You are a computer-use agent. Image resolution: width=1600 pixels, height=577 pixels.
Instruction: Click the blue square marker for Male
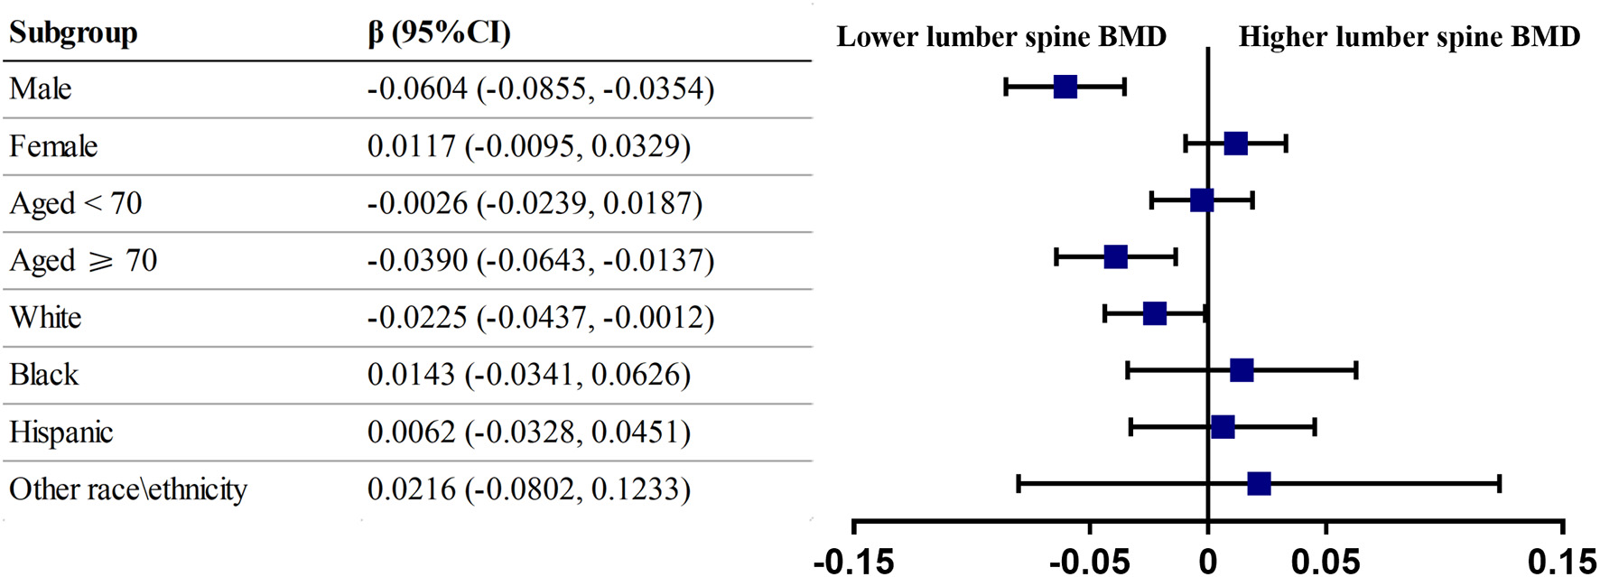tap(1065, 87)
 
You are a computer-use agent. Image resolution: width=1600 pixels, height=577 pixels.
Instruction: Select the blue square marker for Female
tap(1235, 144)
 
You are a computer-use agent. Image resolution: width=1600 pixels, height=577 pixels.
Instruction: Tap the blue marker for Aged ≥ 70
tap(1116, 257)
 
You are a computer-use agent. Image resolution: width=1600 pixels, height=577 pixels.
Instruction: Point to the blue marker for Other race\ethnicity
tap(1259, 484)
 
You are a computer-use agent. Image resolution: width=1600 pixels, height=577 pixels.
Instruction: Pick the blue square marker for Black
tap(1242, 370)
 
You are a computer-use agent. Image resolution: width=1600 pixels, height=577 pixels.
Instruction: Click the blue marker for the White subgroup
tap(1155, 314)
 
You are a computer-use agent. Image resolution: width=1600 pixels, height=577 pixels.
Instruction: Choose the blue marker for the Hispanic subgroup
tap(1223, 427)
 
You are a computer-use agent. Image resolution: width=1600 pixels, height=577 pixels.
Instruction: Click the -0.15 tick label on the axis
tap(853, 562)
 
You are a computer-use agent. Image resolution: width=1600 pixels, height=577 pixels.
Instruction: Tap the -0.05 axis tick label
tap(1089, 562)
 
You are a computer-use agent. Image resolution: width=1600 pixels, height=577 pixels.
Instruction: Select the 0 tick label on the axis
tap(1207, 562)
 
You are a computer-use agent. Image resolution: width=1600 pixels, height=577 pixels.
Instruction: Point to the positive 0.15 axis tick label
tap(1561, 562)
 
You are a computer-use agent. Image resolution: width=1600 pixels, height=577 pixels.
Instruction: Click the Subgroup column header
tap(73, 33)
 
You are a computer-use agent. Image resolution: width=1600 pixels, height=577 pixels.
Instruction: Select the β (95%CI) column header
tap(439, 33)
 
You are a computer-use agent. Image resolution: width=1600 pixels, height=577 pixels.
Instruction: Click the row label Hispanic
tap(60, 433)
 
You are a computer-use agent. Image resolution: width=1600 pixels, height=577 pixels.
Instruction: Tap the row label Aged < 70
tap(76, 203)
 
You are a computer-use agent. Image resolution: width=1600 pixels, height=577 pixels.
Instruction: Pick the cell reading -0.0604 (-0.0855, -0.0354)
tap(540, 88)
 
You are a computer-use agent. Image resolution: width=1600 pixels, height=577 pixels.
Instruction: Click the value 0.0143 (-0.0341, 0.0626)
tap(528, 375)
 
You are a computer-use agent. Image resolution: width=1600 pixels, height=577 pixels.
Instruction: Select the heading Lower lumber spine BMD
tap(1001, 37)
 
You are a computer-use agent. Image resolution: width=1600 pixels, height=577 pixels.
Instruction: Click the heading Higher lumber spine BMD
tap(1409, 37)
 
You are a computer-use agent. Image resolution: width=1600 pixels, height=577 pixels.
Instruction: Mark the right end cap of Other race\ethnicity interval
tap(1499, 484)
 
